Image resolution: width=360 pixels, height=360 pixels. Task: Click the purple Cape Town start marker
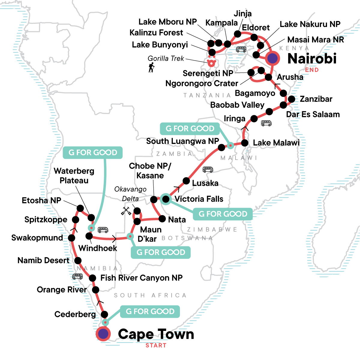coord(103,334)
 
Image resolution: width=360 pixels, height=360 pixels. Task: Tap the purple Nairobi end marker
coord(272,58)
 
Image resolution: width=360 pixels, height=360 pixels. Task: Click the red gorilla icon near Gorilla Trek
coord(211,63)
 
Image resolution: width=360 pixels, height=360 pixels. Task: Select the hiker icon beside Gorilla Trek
coord(151,67)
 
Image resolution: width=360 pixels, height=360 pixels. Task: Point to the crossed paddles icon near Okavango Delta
coord(126,211)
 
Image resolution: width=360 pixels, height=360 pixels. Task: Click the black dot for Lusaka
coord(186,181)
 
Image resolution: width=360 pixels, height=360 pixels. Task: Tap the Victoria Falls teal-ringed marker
coord(166,199)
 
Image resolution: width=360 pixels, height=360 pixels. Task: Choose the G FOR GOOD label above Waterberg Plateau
coord(93,152)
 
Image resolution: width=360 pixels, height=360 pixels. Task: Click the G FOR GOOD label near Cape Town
coord(150,311)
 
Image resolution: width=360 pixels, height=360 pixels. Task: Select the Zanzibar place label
coord(316,99)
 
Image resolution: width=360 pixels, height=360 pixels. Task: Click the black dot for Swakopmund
coord(71,238)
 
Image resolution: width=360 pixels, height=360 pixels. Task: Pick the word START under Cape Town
coord(156,345)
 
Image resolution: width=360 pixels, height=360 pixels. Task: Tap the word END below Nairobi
coord(312,70)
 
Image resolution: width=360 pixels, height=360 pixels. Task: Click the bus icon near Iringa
coord(266,123)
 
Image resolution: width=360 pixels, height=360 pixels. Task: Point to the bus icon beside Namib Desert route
coord(77,276)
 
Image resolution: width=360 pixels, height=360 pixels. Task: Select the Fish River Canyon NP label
coord(141,278)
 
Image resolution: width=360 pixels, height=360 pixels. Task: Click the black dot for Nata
coord(162,218)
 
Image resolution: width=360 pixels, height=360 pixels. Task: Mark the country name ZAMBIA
coord(174,154)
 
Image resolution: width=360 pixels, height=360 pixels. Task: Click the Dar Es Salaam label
coord(313,114)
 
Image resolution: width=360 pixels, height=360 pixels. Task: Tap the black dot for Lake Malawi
coord(244,142)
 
